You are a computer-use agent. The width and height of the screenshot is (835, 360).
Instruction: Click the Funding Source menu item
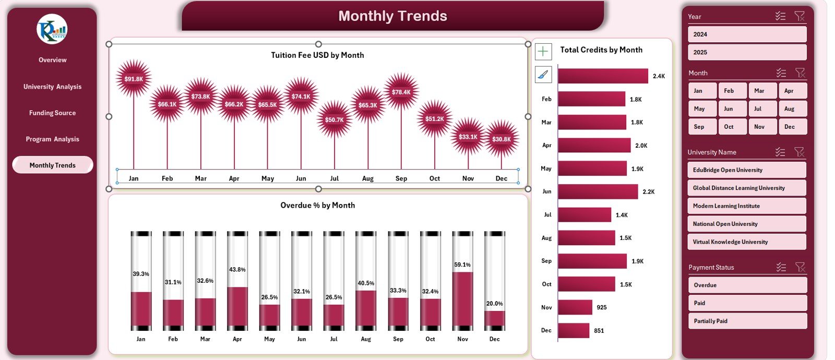pyautogui.click(x=52, y=113)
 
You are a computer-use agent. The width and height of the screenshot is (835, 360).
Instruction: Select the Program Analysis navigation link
pyautogui.click(x=52, y=139)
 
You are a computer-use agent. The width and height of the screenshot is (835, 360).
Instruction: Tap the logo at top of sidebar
pyautogui.click(x=52, y=29)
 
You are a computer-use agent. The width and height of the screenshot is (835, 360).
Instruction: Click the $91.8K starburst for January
pyautogui.click(x=134, y=79)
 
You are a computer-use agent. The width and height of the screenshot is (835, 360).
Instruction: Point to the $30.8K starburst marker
pyautogui.click(x=502, y=139)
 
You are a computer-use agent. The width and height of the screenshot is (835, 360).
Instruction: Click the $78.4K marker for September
pyautogui.click(x=401, y=92)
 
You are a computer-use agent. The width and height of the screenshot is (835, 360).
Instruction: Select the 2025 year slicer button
pyautogui.click(x=747, y=52)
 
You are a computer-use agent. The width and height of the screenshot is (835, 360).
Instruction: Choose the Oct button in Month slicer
pyautogui.click(x=732, y=127)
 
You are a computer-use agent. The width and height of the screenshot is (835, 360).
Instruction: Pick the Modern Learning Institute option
pyautogui.click(x=746, y=206)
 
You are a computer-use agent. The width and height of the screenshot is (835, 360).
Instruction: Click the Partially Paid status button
pyautogui.click(x=747, y=321)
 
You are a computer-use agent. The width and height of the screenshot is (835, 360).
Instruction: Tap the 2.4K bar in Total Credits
pyautogui.click(x=603, y=76)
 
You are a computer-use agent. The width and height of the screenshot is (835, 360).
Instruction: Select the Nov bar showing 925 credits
pyautogui.click(x=575, y=307)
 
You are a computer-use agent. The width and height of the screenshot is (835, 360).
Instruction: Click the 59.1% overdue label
pyautogui.click(x=462, y=265)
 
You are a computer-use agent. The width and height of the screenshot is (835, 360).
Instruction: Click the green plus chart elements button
pyautogui.click(x=543, y=51)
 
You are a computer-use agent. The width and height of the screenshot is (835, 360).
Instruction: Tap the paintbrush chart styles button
pyautogui.click(x=543, y=75)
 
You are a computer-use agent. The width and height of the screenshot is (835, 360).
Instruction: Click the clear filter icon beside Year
pyautogui.click(x=799, y=16)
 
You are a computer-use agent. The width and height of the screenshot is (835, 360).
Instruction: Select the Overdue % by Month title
pyautogui.click(x=317, y=206)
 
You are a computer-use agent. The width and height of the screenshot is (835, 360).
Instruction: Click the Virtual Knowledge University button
pyautogui.click(x=746, y=242)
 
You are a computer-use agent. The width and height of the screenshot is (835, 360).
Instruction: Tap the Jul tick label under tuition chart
pyautogui.click(x=335, y=178)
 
